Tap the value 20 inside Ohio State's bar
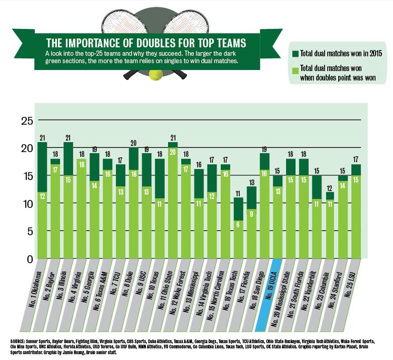coord(172,151)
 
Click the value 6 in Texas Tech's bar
coord(238,224)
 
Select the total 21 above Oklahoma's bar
coord(42,138)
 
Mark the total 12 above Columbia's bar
coord(329,188)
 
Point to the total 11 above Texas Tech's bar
coord(238,193)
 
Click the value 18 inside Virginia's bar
coord(81,163)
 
